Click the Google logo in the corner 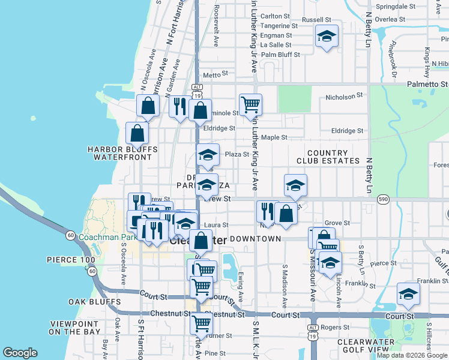click(20, 353)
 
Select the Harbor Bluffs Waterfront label click(122, 153)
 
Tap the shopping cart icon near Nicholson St click(250, 104)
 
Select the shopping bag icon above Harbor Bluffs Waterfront click(137, 132)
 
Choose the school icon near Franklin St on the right click(408, 293)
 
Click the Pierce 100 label click(71, 260)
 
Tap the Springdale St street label click(395, 7)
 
